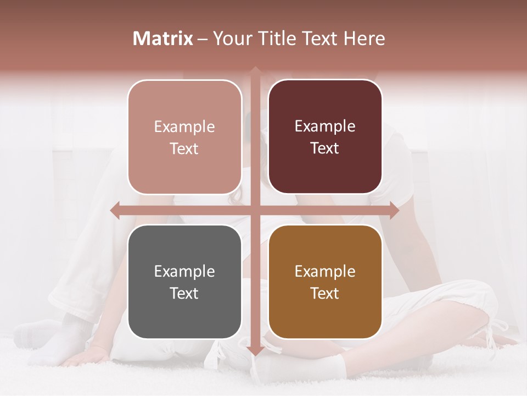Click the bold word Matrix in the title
pos(163,38)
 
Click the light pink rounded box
pos(184,137)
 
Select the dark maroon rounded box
pos(325,137)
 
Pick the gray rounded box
pos(184,282)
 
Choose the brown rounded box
pos(325,282)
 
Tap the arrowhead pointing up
pos(255,71)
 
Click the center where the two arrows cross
pos(255,210)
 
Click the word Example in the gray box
pos(184,272)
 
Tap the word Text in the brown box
pos(325,294)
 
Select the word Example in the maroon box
pos(325,127)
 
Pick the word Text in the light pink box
pos(184,149)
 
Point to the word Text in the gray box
pos(184,294)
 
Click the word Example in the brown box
pos(325,272)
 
